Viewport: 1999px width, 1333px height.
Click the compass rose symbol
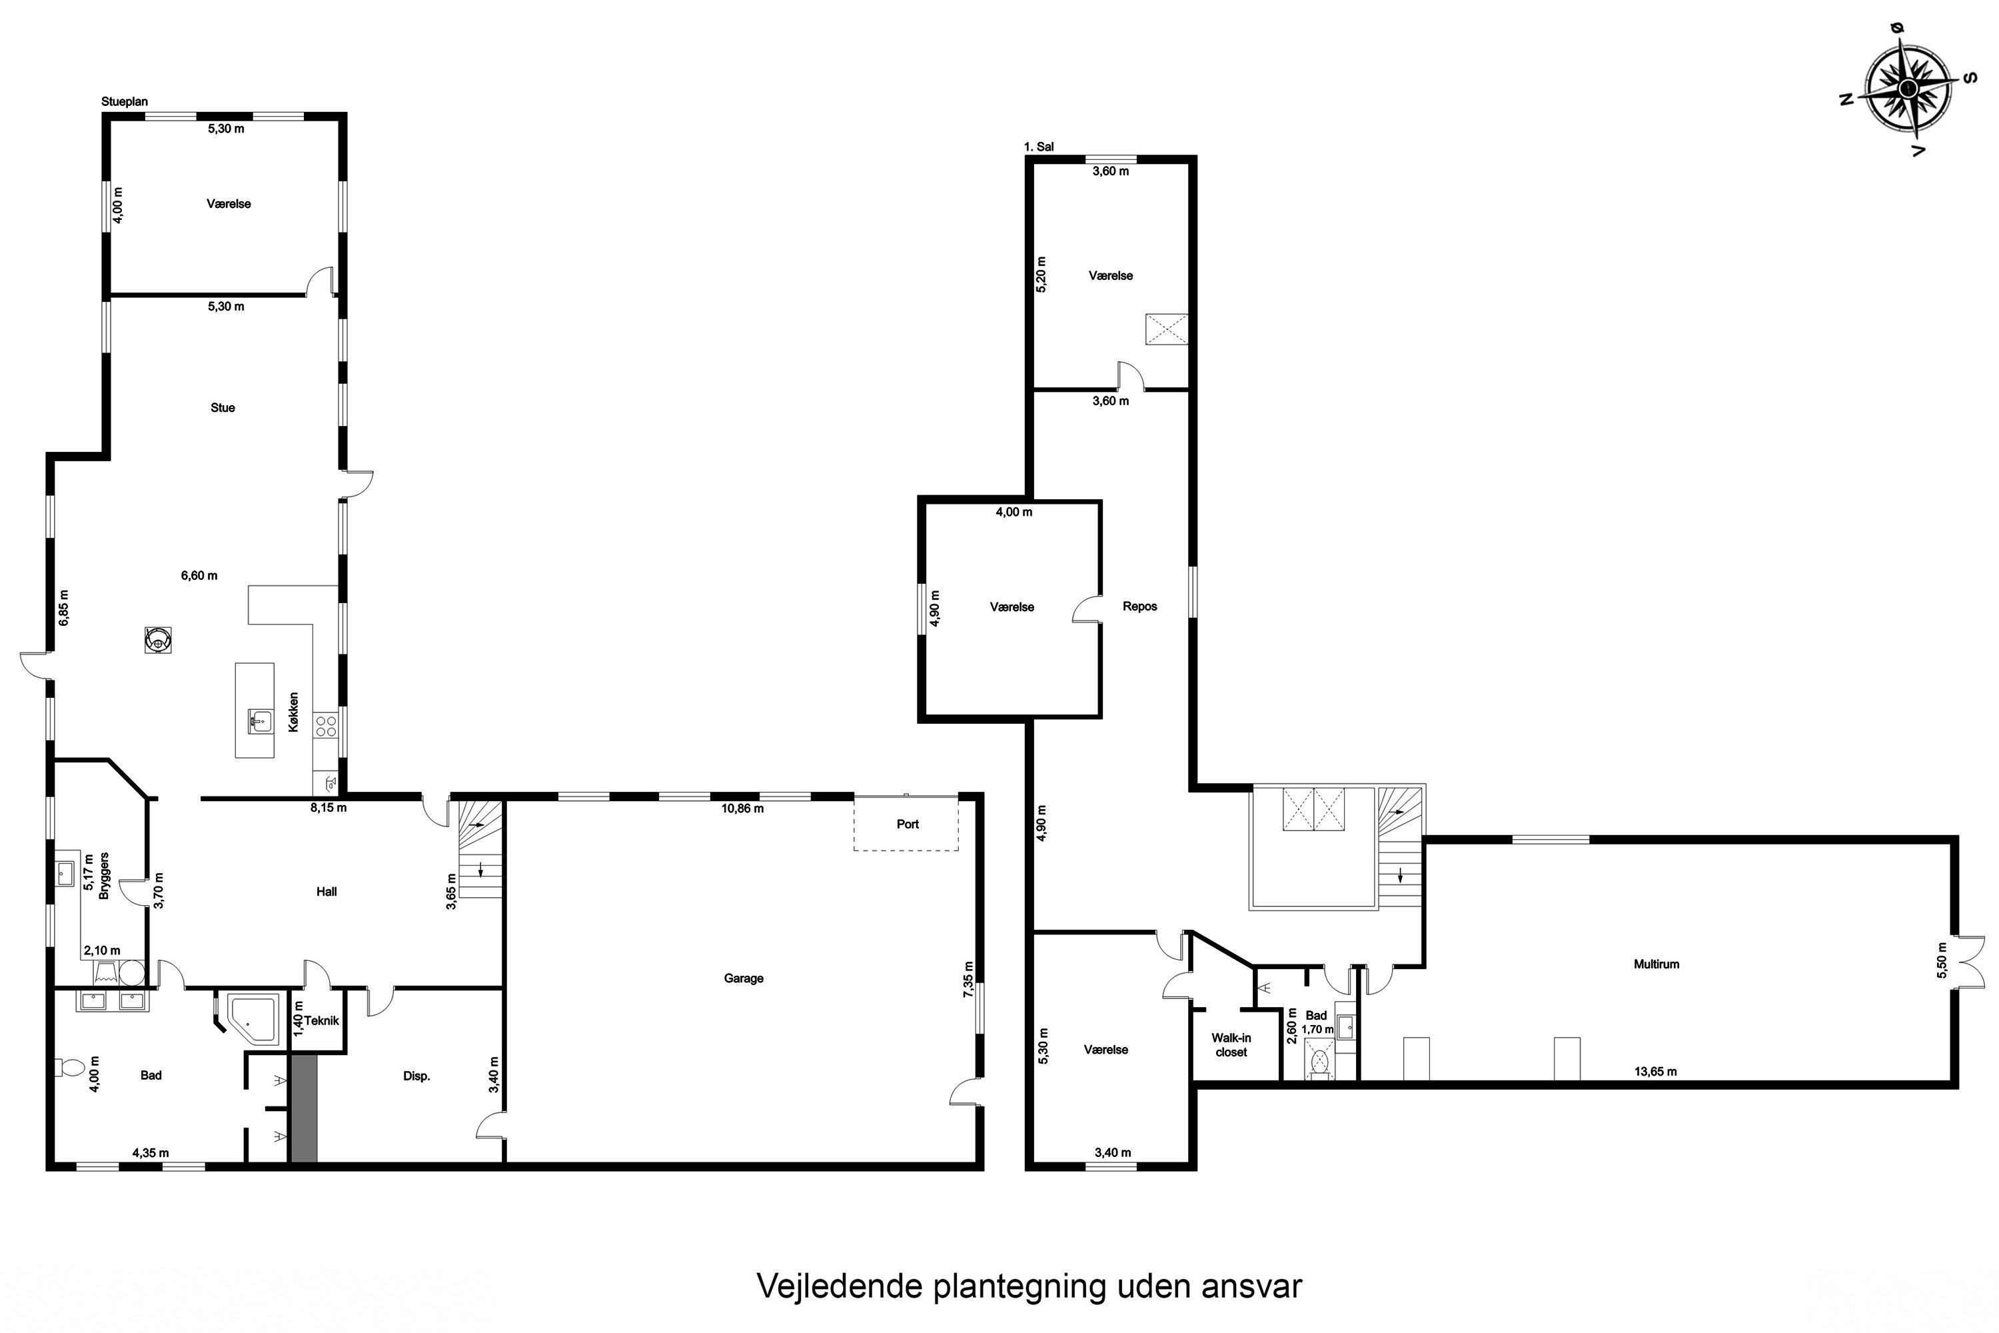[x=1908, y=89]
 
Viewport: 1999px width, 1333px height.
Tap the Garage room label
[x=744, y=978]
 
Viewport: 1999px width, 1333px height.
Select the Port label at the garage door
[x=908, y=824]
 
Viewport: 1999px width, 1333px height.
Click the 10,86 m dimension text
[x=743, y=808]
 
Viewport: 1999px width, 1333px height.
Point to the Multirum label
[x=1657, y=964]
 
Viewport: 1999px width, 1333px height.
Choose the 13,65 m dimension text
[x=1656, y=1071]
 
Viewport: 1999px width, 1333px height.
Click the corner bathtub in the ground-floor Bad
[x=253, y=1018]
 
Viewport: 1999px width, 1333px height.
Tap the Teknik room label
[x=322, y=1021]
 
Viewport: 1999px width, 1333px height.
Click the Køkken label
[x=293, y=712]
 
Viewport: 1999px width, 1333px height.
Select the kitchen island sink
[x=260, y=721]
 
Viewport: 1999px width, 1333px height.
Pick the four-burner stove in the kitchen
[x=326, y=725]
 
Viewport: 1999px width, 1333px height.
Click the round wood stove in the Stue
[x=158, y=639]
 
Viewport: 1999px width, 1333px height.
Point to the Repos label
[x=1139, y=606]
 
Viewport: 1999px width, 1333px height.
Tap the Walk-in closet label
[x=1231, y=1045]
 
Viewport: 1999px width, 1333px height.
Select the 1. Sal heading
[x=1039, y=146]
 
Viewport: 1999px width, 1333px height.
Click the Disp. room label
[x=416, y=1076]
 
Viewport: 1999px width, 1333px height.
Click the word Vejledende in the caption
[x=839, y=1286]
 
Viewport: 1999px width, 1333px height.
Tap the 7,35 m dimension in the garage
[x=968, y=978]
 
